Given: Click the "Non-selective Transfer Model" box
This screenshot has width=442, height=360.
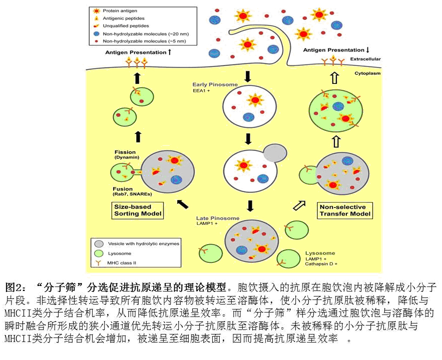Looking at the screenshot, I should click(345, 210).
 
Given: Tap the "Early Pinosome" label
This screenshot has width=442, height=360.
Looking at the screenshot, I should click(215, 85).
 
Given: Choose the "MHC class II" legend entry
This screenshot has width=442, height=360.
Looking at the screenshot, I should click(122, 262).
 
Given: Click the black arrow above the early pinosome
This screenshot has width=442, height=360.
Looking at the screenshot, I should click(247, 76).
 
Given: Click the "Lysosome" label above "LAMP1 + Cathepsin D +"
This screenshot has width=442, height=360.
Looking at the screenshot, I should click(317, 253).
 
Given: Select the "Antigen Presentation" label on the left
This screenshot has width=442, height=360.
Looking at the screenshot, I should click(135, 52).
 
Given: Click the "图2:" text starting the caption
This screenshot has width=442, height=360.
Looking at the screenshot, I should click(15, 287).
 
